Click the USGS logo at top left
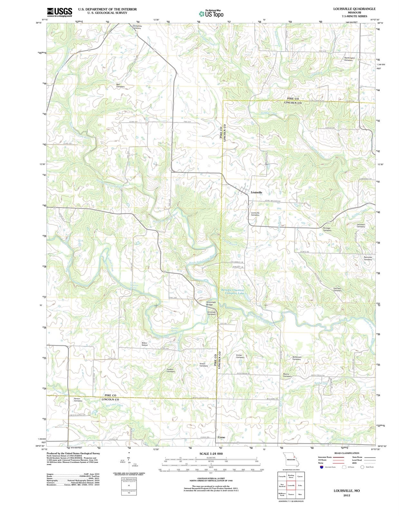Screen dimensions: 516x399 pos(59,12)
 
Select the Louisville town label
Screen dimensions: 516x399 pos(256,192)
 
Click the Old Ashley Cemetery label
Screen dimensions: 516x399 pos(137,27)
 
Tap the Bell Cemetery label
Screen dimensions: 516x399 pos(120,85)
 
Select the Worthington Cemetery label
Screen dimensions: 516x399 pos(349,59)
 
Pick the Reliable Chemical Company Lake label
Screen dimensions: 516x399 pos(233,292)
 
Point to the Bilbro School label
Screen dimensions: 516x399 pos(145,344)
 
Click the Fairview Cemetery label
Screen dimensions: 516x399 pos(337,289)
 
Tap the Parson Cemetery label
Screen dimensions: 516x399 pos(78,400)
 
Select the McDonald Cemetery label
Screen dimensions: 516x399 pos(297,358)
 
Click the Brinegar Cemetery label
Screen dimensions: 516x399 pos(327,229)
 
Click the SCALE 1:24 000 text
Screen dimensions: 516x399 pos(211,454)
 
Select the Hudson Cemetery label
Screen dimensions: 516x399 pos(171,370)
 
